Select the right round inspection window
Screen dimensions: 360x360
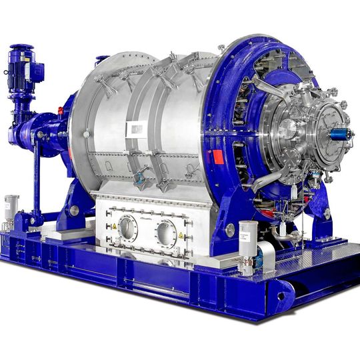166,233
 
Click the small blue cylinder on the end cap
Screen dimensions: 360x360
340,135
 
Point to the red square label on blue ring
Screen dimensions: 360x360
217,157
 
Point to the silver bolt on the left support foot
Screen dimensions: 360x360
74,211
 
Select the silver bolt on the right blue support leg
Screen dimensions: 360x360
230,230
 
